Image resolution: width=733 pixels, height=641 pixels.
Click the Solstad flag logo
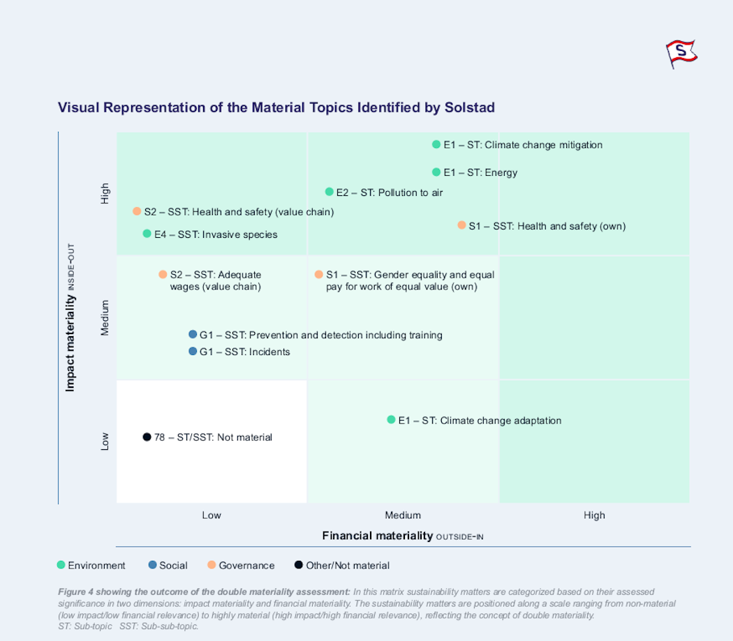tap(681, 54)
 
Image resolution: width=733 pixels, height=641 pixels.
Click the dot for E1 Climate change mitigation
tap(436, 144)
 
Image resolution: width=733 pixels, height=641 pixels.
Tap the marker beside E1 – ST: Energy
tap(436, 172)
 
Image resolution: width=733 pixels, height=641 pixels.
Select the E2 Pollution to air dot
tap(329, 192)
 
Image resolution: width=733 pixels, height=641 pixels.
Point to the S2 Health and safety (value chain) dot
tap(137, 211)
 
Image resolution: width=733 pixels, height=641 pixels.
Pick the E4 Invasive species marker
tap(147, 233)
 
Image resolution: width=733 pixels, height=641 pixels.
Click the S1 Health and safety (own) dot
tap(461, 225)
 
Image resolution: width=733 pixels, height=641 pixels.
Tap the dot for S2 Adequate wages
tap(163, 274)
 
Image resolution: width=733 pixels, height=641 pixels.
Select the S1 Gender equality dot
tap(319, 274)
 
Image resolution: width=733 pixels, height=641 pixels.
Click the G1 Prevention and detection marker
tap(193, 334)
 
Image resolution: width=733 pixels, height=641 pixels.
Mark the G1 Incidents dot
tap(193, 351)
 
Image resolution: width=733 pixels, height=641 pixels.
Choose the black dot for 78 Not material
tap(147, 437)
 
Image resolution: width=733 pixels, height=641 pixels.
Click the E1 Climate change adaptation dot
tap(391, 420)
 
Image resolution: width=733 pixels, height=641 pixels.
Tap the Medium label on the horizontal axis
tap(403, 515)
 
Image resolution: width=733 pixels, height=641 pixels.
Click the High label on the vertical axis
tap(105, 193)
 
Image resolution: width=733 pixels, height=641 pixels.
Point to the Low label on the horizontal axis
tap(212, 515)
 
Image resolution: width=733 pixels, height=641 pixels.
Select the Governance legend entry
tap(242, 565)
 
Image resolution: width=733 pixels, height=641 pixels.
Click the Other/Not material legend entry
tap(342, 565)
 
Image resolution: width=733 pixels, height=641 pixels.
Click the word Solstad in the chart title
tap(469, 107)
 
